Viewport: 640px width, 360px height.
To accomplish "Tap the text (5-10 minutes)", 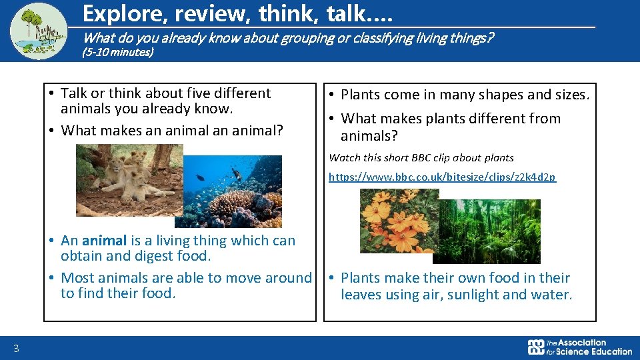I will pos(117,52).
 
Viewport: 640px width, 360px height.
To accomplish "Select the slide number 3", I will pos(15,347).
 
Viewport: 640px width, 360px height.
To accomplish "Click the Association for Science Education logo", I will pos(579,347).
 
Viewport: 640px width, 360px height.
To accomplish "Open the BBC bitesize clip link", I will pos(442,177).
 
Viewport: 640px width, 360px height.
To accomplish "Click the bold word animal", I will pos(104,241).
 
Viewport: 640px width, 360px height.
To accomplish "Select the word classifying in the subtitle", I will pos(368,37).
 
